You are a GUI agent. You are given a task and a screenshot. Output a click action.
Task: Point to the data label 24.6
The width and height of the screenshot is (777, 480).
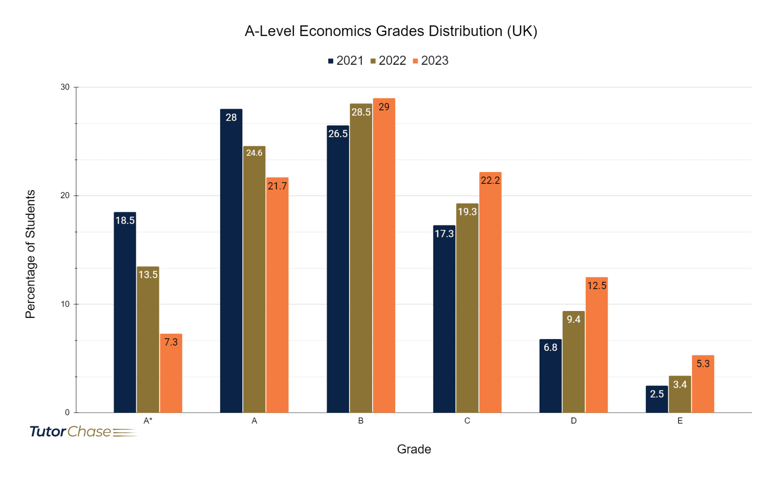(254, 153)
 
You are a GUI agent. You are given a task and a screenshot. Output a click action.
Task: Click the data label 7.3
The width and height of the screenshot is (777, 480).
(171, 342)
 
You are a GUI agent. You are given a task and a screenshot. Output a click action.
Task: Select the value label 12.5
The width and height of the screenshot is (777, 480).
(596, 286)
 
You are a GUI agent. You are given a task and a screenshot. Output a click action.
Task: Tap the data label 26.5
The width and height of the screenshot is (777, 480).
(338, 134)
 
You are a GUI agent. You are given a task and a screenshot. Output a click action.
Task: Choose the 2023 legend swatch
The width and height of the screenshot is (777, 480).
(415, 61)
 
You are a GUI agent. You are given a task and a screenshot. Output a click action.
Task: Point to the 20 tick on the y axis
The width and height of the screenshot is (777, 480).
(65, 196)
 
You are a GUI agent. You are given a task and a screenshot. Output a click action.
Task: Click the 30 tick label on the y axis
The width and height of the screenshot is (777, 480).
(65, 87)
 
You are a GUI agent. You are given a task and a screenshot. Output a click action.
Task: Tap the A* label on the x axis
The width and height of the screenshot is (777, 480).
(148, 421)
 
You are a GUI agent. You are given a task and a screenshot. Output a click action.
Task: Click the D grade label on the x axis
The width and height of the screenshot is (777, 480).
(573, 421)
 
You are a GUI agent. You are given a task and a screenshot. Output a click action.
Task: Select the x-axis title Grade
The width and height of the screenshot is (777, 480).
(414, 449)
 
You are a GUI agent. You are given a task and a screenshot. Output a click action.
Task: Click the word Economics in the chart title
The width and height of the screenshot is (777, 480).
(335, 31)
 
